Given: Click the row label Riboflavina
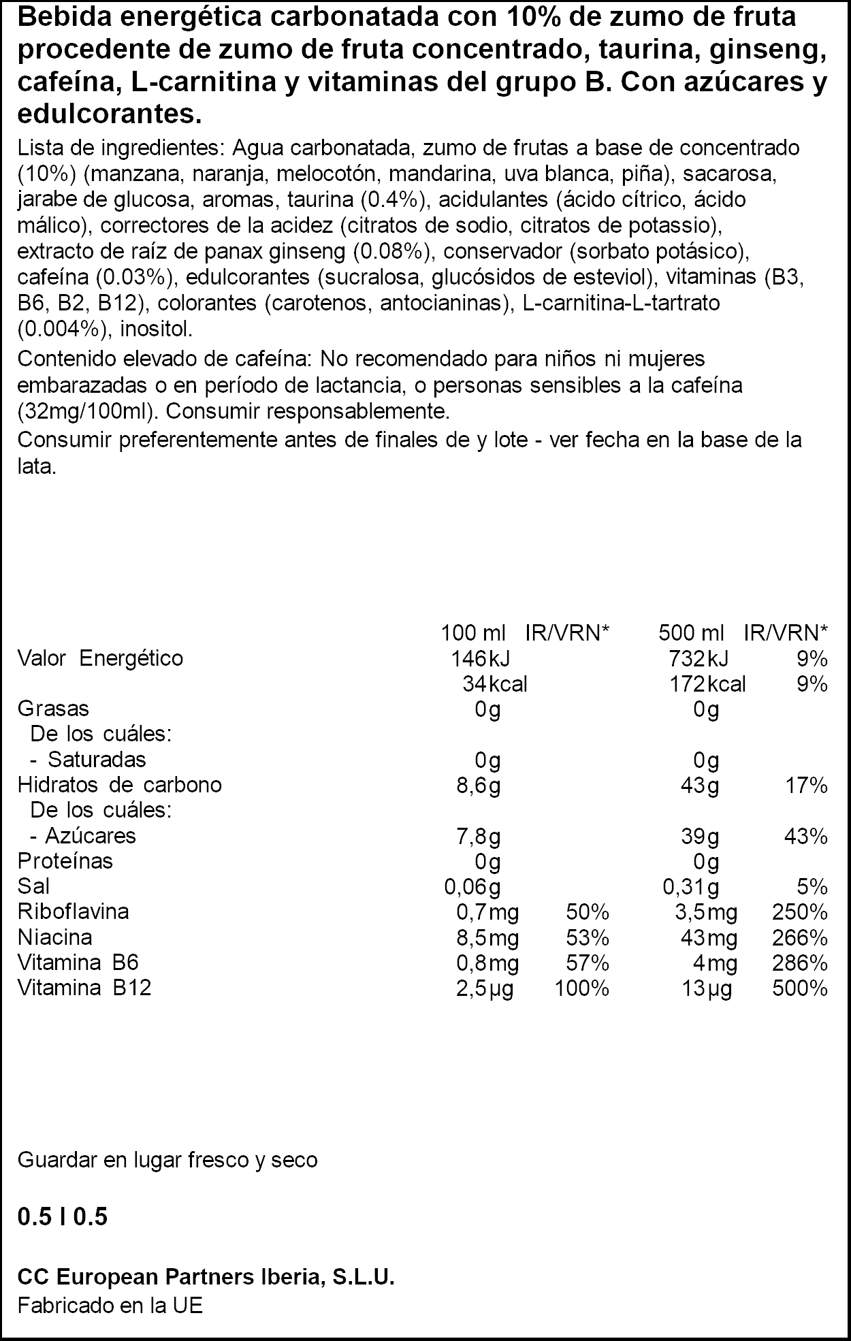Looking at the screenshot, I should pyautogui.click(x=73, y=911).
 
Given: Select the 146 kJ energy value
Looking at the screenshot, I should pyautogui.click(x=481, y=658).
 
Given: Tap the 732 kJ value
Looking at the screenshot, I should pyautogui.click(x=699, y=658).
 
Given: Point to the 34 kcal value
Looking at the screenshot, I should pyautogui.click(x=494, y=683).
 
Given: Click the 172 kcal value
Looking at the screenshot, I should pyautogui.click(x=707, y=683).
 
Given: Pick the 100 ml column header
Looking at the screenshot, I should pyautogui.click(x=473, y=633).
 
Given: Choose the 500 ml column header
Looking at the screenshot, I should pyautogui.click(x=691, y=633).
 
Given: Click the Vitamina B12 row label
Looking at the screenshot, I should pyautogui.click(x=84, y=987).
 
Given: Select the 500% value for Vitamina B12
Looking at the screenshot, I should pyautogui.click(x=800, y=988).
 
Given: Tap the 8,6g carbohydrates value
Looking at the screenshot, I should pyautogui.click(x=478, y=786).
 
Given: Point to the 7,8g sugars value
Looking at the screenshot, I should pyautogui.click(x=478, y=836).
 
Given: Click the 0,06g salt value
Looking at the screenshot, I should pyautogui.click(x=472, y=887).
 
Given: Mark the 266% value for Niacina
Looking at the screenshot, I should pyautogui.click(x=800, y=938).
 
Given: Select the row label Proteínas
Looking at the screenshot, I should pyautogui.click(x=65, y=860).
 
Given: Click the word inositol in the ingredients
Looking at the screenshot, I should pyautogui.click(x=156, y=329).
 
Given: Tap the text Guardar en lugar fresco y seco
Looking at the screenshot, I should pyautogui.click(x=167, y=1160).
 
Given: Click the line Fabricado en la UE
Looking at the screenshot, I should pyautogui.click(x=110, y=1306).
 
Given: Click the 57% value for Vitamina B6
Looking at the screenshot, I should pyautogui.click(x=587, y=963).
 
